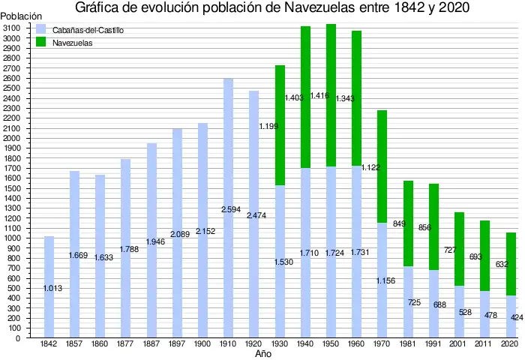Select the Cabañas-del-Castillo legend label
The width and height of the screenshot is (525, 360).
pos(88,30)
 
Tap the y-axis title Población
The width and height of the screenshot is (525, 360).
pos(21,16)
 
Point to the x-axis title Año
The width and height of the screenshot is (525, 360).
pos(262,353)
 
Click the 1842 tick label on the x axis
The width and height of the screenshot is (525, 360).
pos(49,343)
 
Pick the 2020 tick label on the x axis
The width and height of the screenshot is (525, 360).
pos(510,343)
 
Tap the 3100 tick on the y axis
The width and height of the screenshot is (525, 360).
pos(12,28)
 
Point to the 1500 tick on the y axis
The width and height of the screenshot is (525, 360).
pos(12,188)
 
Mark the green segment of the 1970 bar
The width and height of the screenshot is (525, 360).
pos(382,165)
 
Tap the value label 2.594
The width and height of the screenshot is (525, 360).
pos(231,210)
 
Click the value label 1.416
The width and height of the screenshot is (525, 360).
pos(319,96)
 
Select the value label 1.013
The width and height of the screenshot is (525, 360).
pos(52,288)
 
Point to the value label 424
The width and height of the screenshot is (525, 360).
pos(517,318)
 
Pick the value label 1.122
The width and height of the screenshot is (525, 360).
pos(371,168)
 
